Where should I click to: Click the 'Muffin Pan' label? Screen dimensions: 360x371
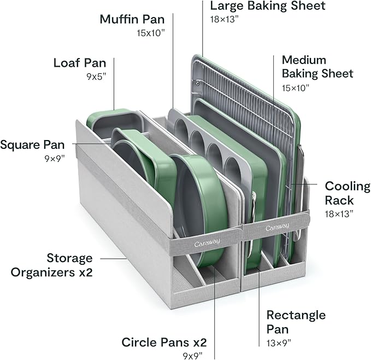pyautogui.click(x=133, y=19)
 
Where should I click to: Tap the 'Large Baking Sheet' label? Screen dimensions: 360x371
pyautogui.click(x=267, y=7)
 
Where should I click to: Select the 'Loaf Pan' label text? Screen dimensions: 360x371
pyautogui.click(x=79, y=62)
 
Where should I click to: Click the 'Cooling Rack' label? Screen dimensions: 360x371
pyautogui.click(x=347, y=193)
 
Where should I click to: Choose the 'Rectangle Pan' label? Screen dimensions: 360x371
pyautogui.click(x=296, y=322)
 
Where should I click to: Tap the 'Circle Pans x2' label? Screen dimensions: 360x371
pyautogui.click(x=164, y=342)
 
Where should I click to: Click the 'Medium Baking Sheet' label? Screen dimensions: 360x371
pyautogui.click(x=317, y=66)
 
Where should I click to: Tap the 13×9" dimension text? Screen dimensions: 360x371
pyautogui.click(x=278, y=343)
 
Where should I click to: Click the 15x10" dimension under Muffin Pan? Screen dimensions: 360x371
pyautogui.click(x=151, y=33)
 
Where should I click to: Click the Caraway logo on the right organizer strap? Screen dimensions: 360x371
pyautogui.click(x=278, y=227)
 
